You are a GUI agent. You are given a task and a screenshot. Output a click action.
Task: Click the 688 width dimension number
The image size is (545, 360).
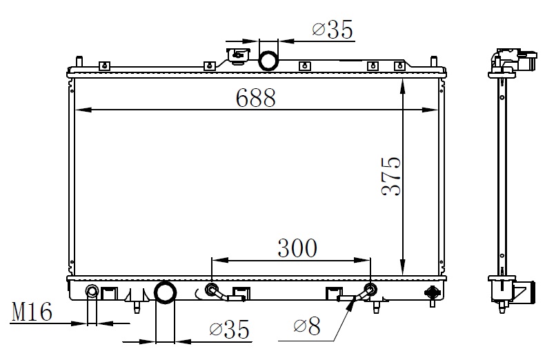pyautogui.click(x=255, y=98)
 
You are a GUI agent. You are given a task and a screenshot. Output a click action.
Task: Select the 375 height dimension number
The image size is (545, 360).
pyautogui.click(x=391, y=177)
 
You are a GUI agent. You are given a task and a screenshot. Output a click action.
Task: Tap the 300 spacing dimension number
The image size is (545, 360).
pyautogui.click(x=297, y=248)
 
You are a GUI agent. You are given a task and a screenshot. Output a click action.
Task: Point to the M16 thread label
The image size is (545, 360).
pyautogui.click(x=32, y=311)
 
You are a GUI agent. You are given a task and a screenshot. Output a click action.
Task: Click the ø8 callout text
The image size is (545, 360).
pyautogui.click(x=306, y=326)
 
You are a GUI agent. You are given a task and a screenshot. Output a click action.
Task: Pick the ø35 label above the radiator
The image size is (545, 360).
pyautogui.click(x=333, y=29)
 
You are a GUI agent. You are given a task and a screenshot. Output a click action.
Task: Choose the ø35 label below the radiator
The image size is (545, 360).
pyautogui.click(x=230, y=329)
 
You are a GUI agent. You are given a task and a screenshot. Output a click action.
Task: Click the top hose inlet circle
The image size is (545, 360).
pyautogui.click(x=268, y=61)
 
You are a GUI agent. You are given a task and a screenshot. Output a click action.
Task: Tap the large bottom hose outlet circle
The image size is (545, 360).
pyautogui.click(x=165, y=292)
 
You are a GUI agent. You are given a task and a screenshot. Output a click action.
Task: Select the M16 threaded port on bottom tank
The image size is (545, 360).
pyautogui.click(x=92, y=291)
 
